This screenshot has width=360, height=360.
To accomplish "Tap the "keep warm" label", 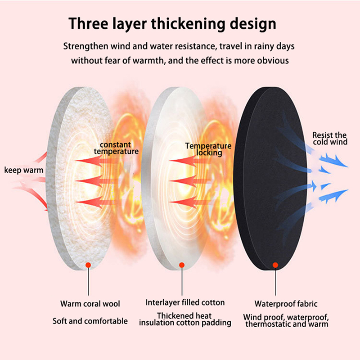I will (x=24, y=170).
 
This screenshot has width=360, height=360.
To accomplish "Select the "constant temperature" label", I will (x=116, y=148).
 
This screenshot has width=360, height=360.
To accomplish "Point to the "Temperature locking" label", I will (x=208, y=149).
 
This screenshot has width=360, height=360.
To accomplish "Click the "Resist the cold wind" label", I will (x=329, y=139).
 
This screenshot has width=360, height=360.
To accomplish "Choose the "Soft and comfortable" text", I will (x=90, y=321).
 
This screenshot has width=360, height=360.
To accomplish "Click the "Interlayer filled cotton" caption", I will (x=185, y=302).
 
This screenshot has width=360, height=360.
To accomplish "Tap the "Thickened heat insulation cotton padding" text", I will (x=185, y=319).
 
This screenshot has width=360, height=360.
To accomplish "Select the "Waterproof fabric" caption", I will (x=286, y=304).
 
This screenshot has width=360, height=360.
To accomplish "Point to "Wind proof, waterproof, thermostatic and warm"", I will (x=286, y=320).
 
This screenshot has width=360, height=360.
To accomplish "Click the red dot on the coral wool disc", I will (x=88, y=265).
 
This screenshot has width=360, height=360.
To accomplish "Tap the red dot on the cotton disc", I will (x=182, y=265).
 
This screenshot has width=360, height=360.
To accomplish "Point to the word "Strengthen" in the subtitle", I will (x=85, y=46).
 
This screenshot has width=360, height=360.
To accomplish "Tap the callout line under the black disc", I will (x=275, y=281).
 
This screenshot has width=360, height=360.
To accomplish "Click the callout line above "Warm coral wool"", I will (x=88, y=281).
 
